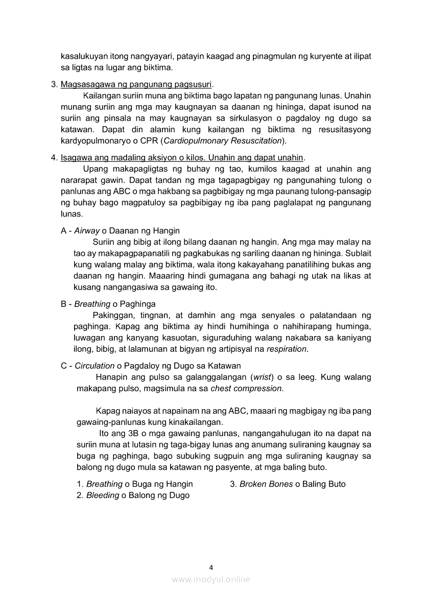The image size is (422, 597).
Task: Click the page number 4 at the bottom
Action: [211, 567]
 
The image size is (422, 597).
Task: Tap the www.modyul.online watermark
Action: [211, 579]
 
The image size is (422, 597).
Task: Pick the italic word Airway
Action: [87, 231]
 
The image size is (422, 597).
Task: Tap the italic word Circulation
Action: [95, 366]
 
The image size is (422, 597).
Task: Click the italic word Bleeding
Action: [103, 495]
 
